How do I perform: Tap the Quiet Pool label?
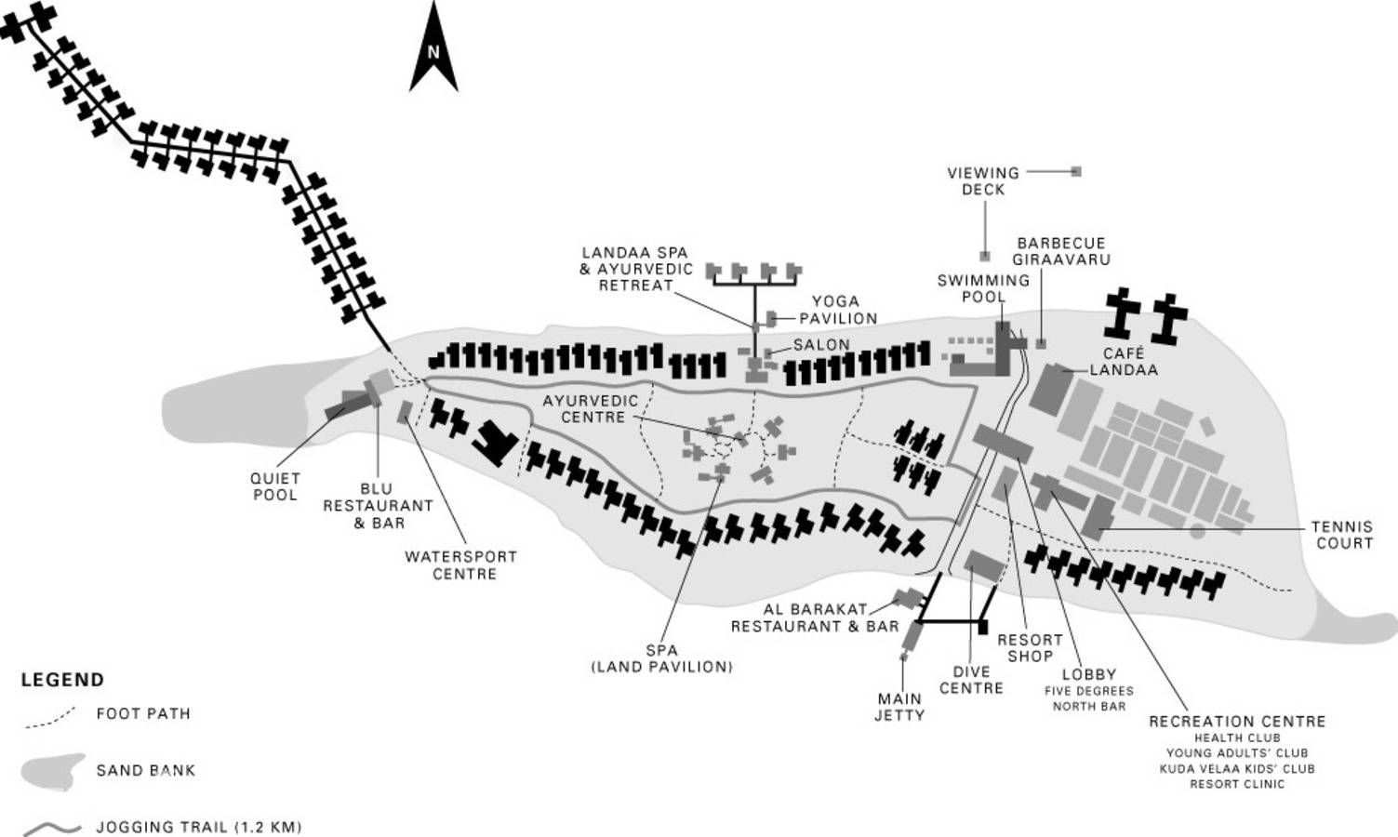tap(275, 486)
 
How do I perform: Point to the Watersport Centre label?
tap(460, 565)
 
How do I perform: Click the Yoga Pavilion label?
tap(837, 310)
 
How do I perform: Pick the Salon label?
tap(821, 344)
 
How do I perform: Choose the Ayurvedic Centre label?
tap(591, 408)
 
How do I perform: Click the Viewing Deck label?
tap(983, 180)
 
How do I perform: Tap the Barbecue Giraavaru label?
tap(1061, 251)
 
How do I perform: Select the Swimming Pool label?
tap(983, 287)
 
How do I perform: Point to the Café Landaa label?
tap(1124, 361)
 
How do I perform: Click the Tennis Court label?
tap(1342, 534)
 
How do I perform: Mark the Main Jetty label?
tap(899, 706)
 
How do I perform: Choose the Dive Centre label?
tap(971, 680)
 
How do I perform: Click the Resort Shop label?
tap(1030, 647)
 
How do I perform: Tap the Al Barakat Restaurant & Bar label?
tap(815, 618)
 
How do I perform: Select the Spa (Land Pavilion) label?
tap(661, 658)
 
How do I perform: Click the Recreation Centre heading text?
tap(1236, 721)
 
